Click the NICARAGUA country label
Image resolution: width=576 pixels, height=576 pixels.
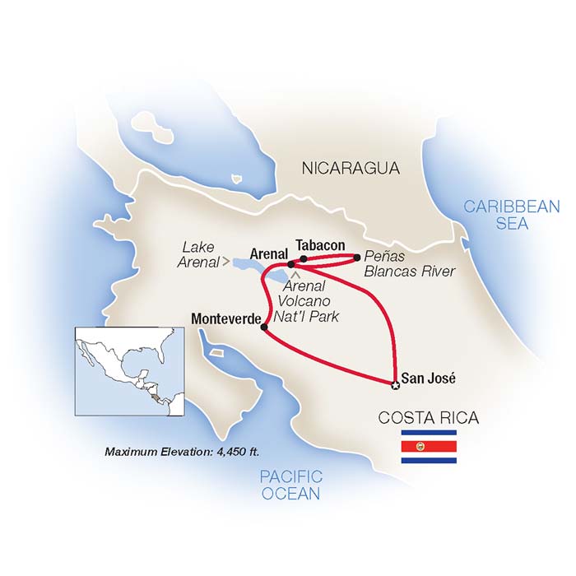coord(351,170)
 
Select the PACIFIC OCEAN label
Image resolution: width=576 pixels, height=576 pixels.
coord(290,485)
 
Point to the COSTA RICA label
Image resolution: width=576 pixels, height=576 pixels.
coord(427,418)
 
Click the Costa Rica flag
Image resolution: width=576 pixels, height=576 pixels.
coord(428,446)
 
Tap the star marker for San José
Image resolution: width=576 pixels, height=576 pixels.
coord(395,384)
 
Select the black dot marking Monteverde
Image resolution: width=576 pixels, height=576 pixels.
coord(263,327)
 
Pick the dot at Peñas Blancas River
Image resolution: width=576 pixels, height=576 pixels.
coord(356,258)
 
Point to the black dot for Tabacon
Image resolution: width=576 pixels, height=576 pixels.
coord(304,258)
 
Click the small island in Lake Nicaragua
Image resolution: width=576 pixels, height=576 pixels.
coord(235,177)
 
